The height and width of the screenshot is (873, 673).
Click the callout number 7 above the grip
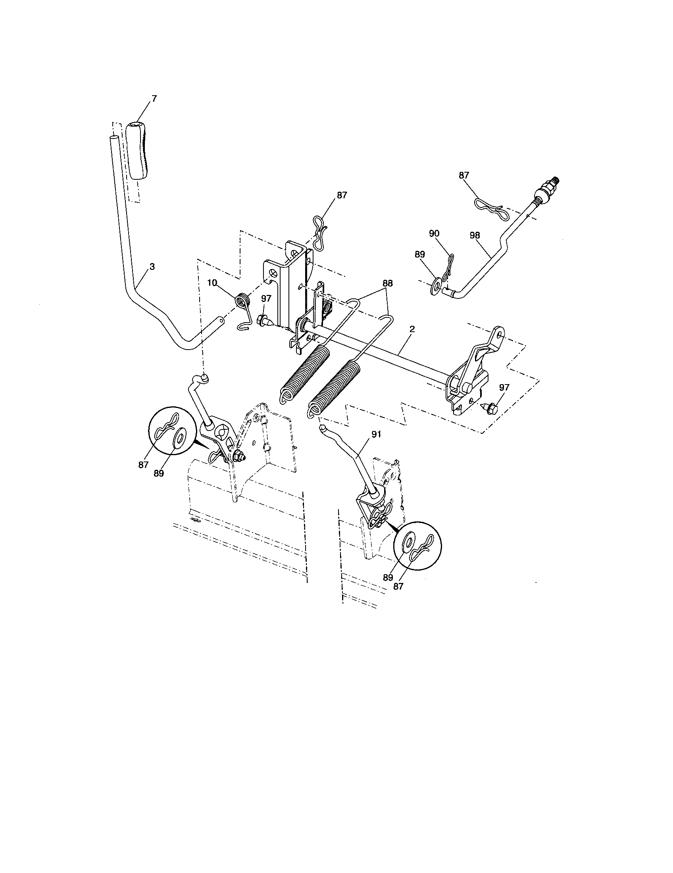click(x=154, y=98)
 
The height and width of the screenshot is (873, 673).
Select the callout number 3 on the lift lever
click(x=152, y=266)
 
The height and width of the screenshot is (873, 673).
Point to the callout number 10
click(x=212, y=283)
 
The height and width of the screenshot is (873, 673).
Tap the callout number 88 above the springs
click(x=387, y=283)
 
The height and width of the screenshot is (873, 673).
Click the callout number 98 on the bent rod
click(x=474, y=235)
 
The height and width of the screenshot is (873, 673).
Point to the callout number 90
click(x=434, y=234)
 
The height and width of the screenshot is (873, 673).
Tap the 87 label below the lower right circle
click(x=398, y=586)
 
